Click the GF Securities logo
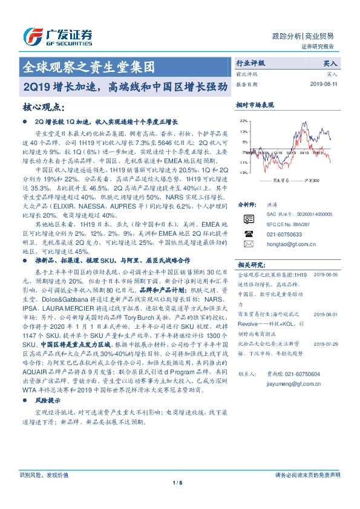pyautogui.click(x=57, y=36)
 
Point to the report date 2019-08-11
pyautogui.click(x=324, y=84)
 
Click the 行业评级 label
pyautogui.click(x=250, y=62)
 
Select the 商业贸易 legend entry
pyautogui.click(x=280, y=180)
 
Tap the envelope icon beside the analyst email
pyautogui.click(x=248, y=244)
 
